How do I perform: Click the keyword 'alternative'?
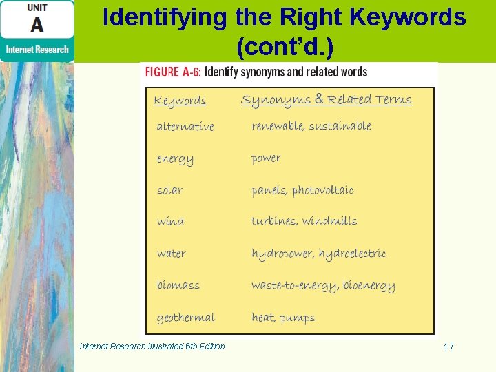tap(185, 127)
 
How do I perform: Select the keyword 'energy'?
tap(175, 159)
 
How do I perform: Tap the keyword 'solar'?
tap(169, 190)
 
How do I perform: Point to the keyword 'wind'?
tap(170, 222)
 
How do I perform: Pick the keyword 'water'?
tap(171, 254)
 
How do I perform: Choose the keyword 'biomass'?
tap(178, 285)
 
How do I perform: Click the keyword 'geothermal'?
tap(185, 318)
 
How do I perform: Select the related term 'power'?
tap(266, 158)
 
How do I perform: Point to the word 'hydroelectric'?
tap(352, 254)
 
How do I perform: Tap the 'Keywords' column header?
tap(180, 101)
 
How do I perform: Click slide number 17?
tap(448, 347)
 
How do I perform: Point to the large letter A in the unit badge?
tap(37, 25)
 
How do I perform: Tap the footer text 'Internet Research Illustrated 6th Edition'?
tap(152, 347)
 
